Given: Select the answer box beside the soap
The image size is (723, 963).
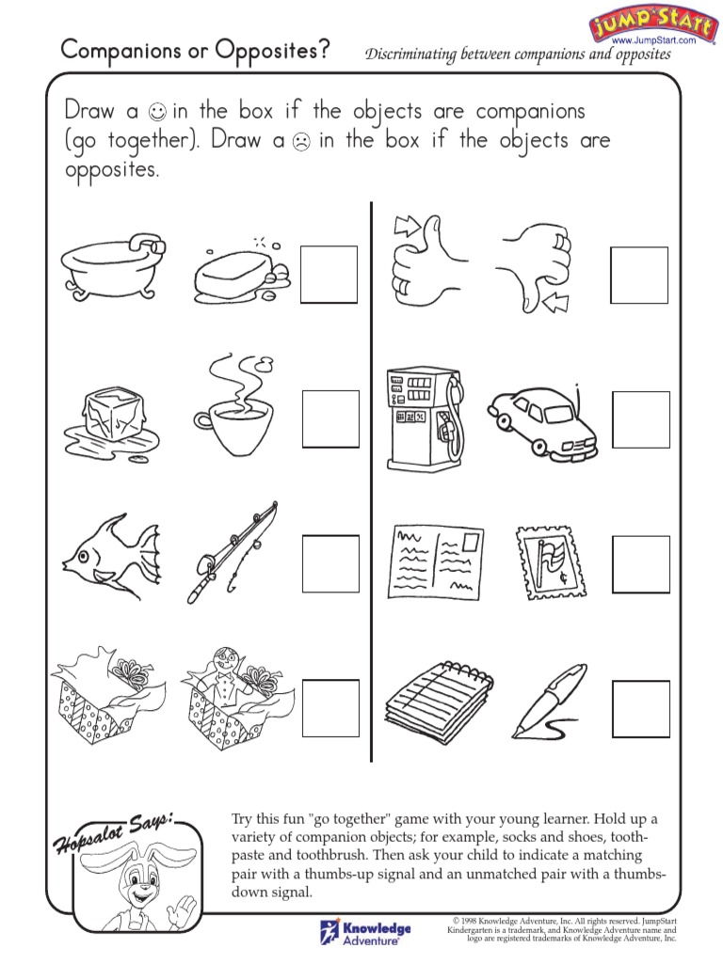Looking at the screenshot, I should (x=329, y=275).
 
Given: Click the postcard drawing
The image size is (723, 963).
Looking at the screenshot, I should (x=432, y=560).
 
